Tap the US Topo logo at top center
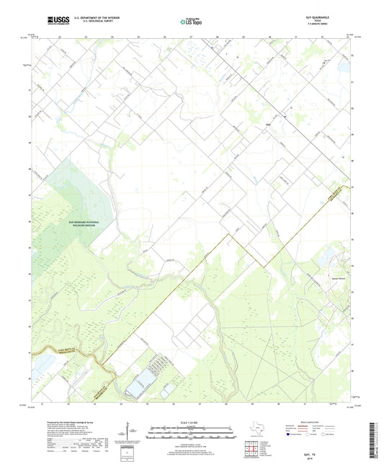(191, 22)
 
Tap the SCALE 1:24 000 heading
(191, 423)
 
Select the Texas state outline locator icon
(253, 432)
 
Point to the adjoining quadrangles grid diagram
(252, 450)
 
